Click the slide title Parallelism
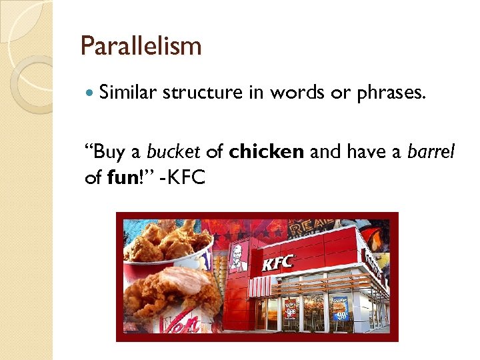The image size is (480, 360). [141, 46]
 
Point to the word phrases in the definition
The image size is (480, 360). [390, 93]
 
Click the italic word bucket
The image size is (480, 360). [173, 152]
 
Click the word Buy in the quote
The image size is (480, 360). [107, 152]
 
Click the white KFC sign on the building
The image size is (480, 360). [278, 263]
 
